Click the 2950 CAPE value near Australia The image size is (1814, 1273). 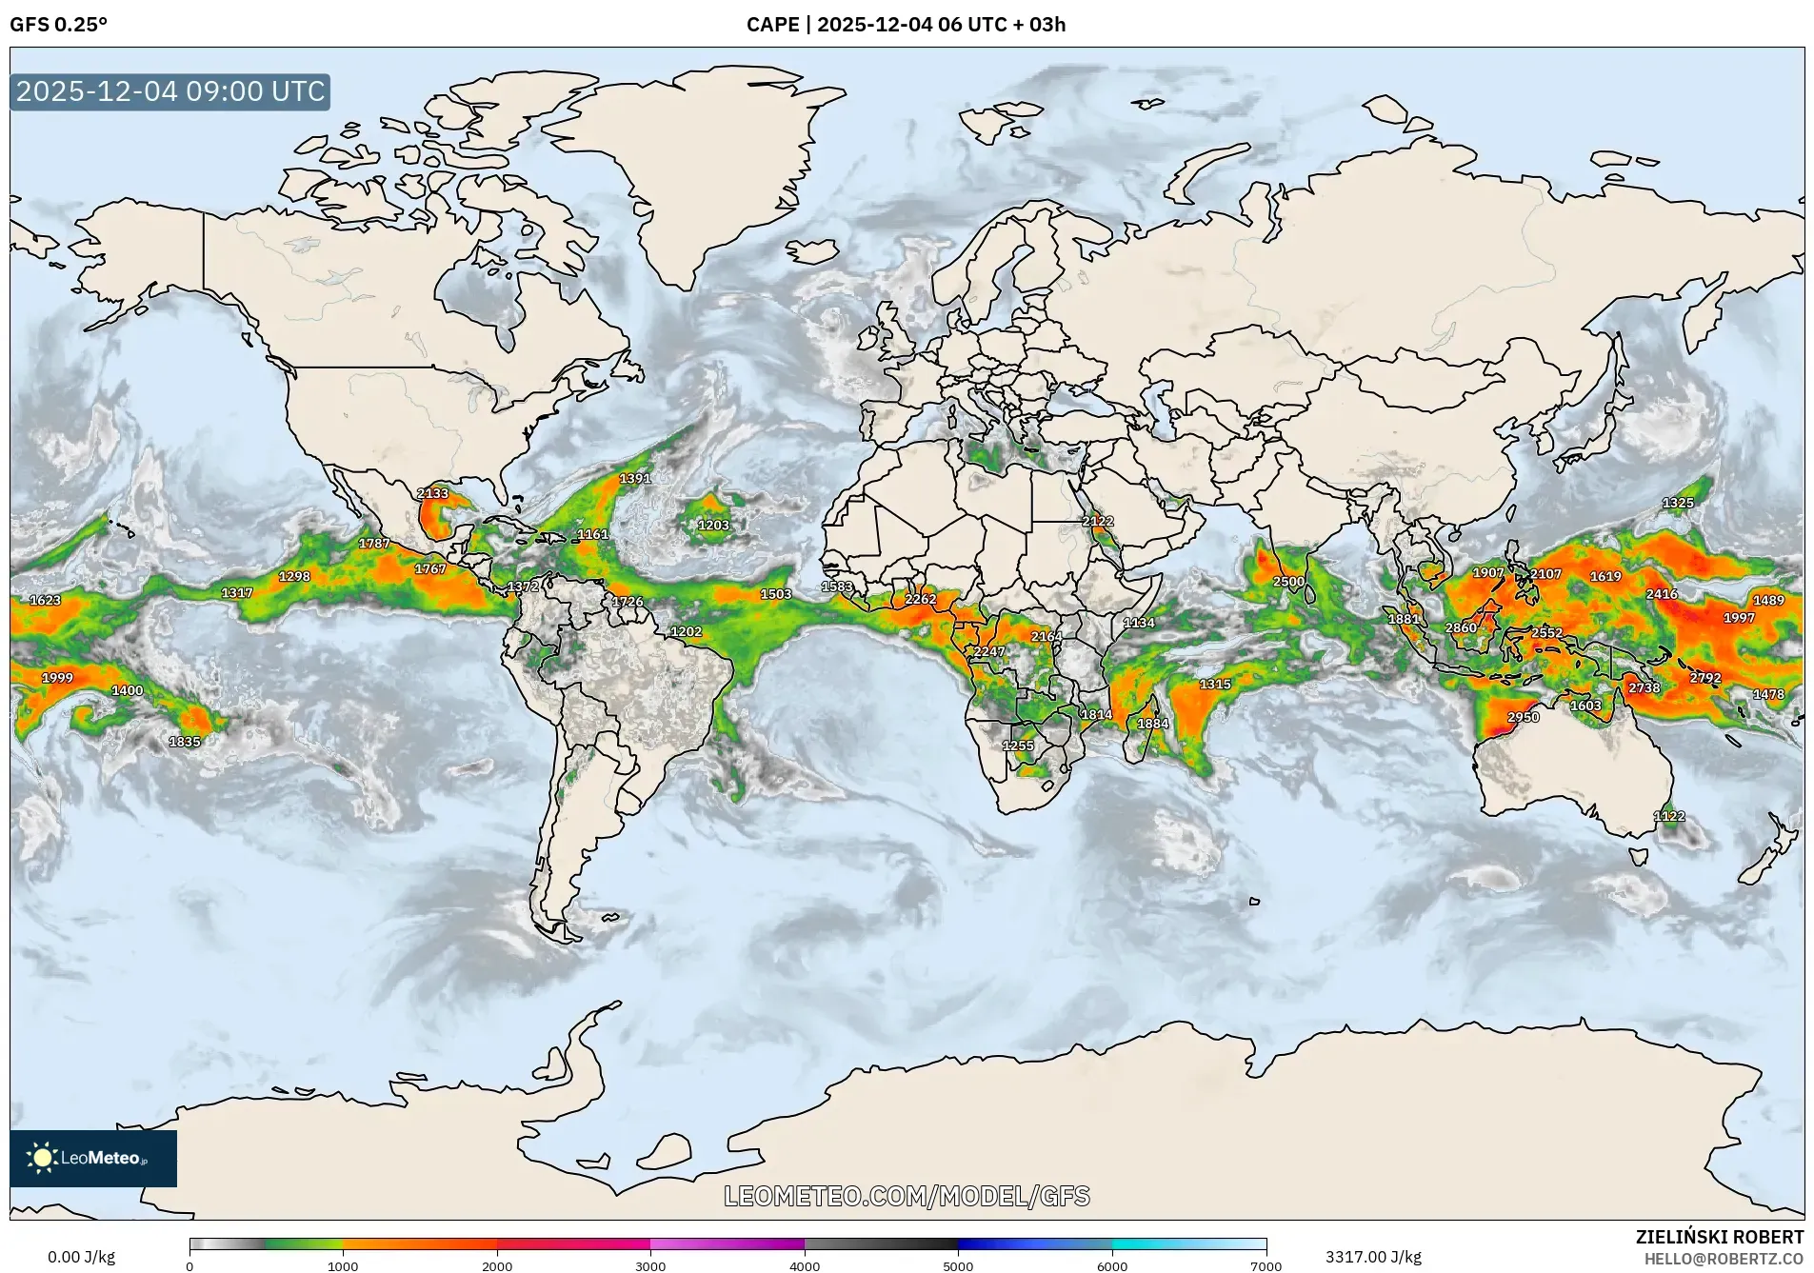1523,717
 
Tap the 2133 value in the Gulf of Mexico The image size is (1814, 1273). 432,493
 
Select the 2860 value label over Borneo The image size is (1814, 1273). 1460,627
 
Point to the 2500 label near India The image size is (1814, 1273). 1288,582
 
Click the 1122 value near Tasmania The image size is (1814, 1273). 1668,816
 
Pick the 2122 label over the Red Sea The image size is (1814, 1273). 1097,521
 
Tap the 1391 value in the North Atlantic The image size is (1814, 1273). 635,479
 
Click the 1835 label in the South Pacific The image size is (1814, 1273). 185,742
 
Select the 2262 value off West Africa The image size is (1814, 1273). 920,599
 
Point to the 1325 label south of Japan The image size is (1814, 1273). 1678,503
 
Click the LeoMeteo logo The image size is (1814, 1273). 92,1158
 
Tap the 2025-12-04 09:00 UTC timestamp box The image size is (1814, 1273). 170,91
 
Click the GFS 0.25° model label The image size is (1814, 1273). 58,25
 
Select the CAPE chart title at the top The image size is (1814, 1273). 906,25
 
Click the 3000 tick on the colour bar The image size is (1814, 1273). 650,1265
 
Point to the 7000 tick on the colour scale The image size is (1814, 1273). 1266,1265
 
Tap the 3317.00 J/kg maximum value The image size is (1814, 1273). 1373,1257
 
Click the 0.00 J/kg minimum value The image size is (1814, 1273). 81,1257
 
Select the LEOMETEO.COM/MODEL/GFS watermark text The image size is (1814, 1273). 907,1196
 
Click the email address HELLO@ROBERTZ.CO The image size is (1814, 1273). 1724,1259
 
